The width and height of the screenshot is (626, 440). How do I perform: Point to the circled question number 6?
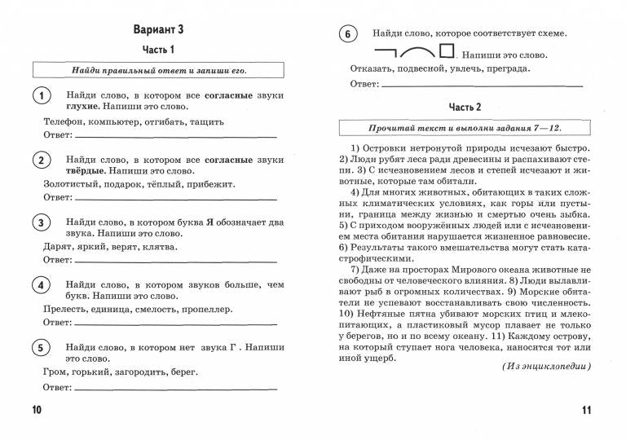coord(348,34)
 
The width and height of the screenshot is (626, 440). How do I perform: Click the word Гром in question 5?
coord(55,372)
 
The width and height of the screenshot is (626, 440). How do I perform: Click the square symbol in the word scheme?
coord(446,51)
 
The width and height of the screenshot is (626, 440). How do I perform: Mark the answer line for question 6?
coord(481,85)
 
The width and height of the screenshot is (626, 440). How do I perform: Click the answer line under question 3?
coord(175,262)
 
